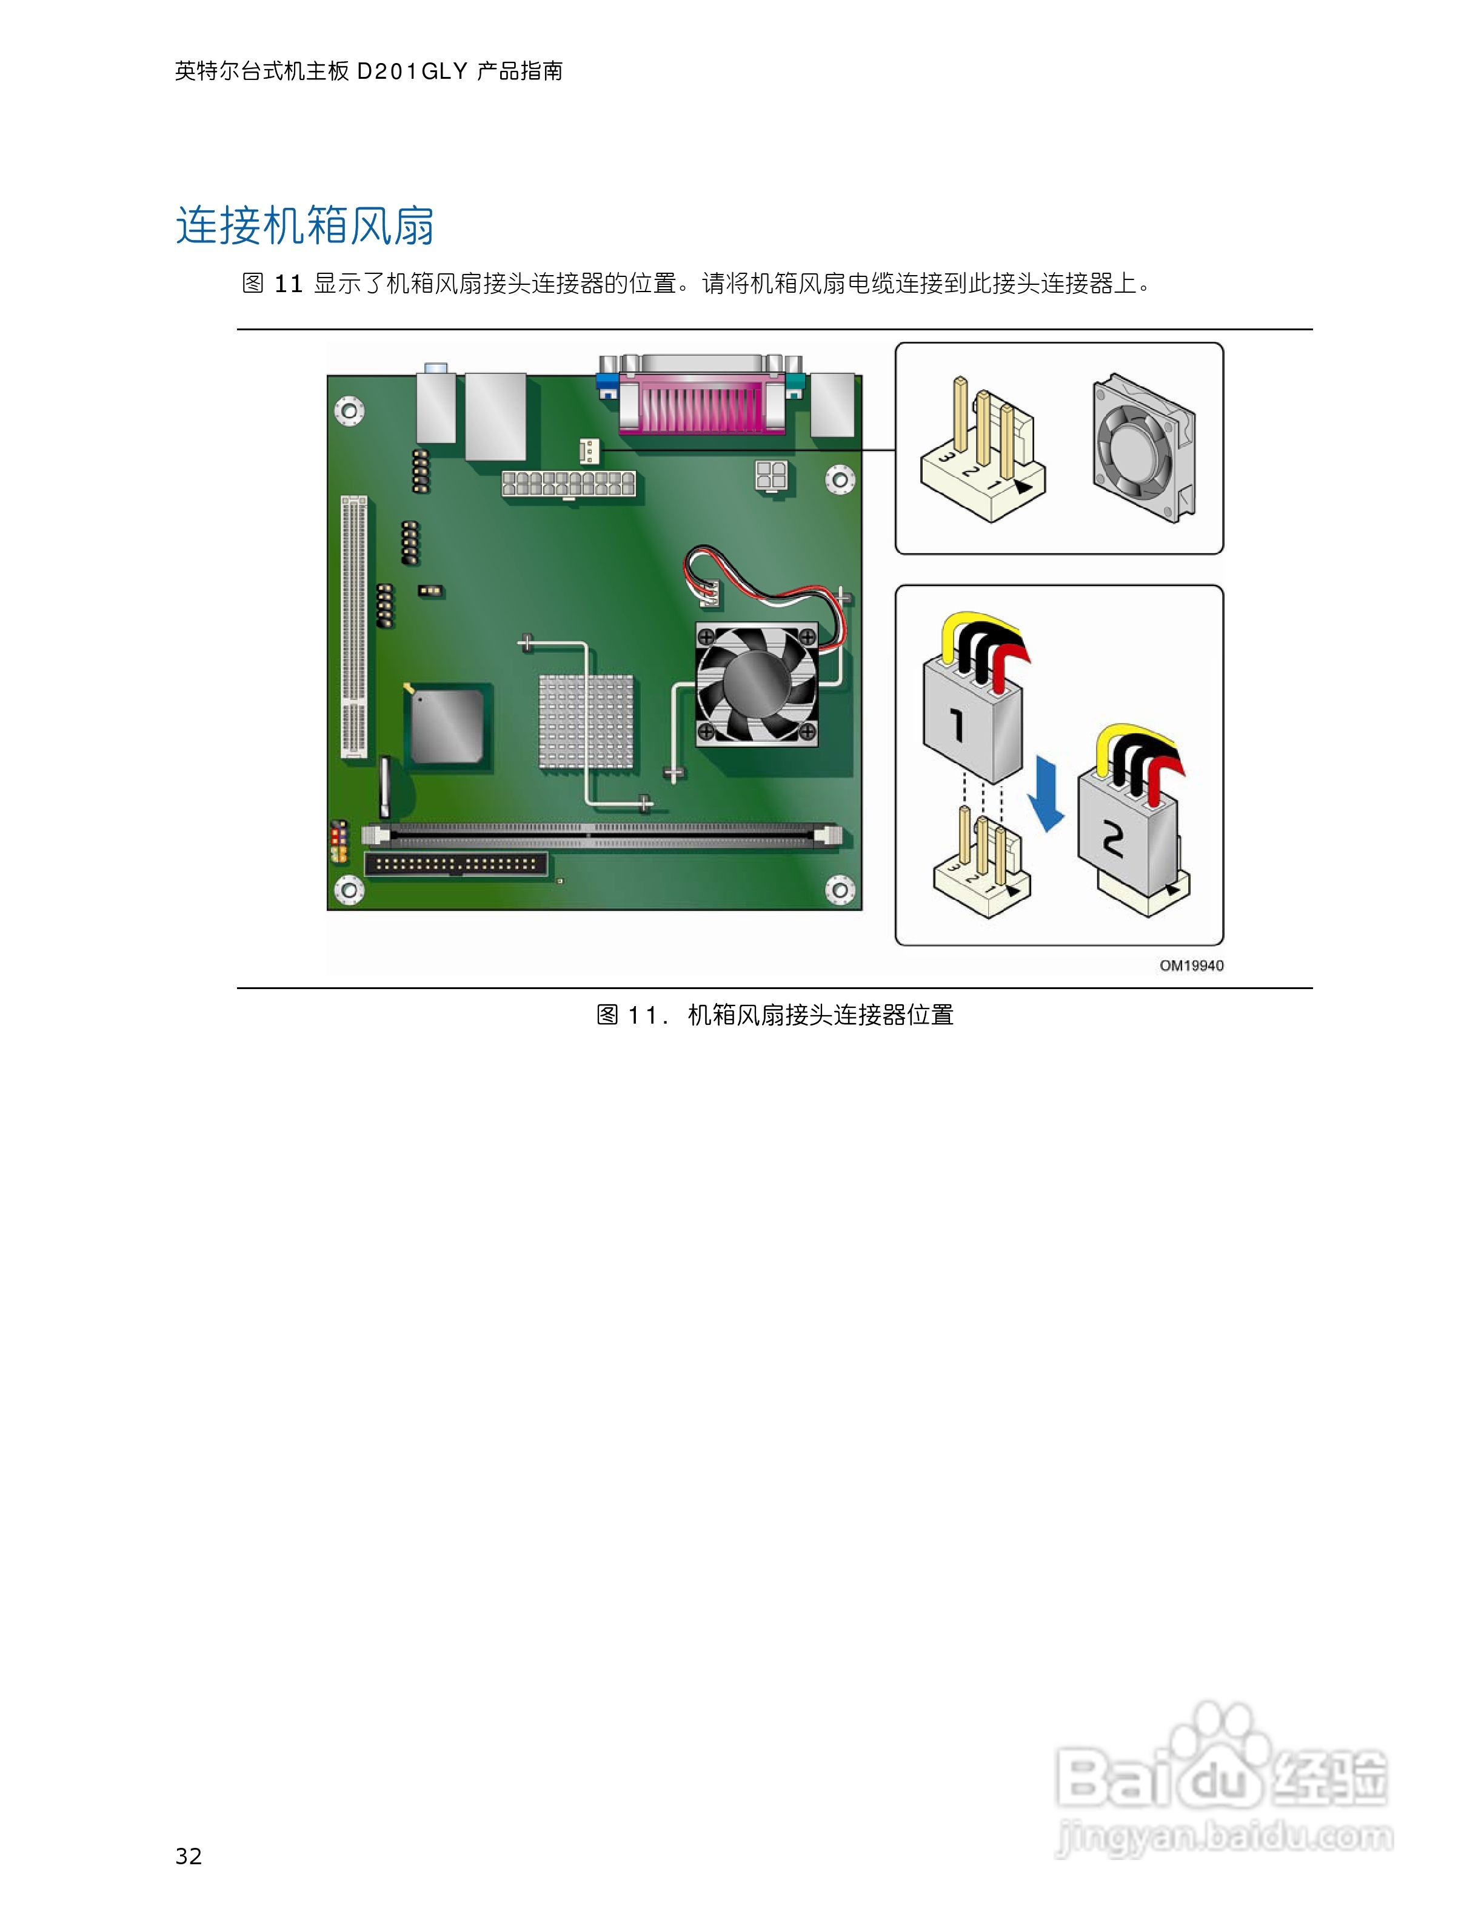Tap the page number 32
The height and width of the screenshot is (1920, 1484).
tap(189, 1855)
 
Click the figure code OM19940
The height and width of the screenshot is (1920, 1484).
tap(1191, 965)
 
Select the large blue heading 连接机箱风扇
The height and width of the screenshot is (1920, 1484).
tap(305, 226)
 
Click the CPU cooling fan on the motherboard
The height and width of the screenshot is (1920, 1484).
tap(756, 685)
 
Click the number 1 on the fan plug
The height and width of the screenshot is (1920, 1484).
tap(958, 725)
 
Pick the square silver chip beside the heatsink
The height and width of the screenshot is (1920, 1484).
tap(447, 725)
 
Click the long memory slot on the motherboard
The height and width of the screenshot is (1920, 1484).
tap(602, 835)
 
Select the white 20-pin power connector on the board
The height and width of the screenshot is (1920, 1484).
tap(568, 484)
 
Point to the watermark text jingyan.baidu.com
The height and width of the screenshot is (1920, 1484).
tap(1224, 1838)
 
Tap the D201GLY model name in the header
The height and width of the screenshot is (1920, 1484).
tap(412, 71)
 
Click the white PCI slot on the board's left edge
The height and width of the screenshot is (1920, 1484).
tap(353, 626)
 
